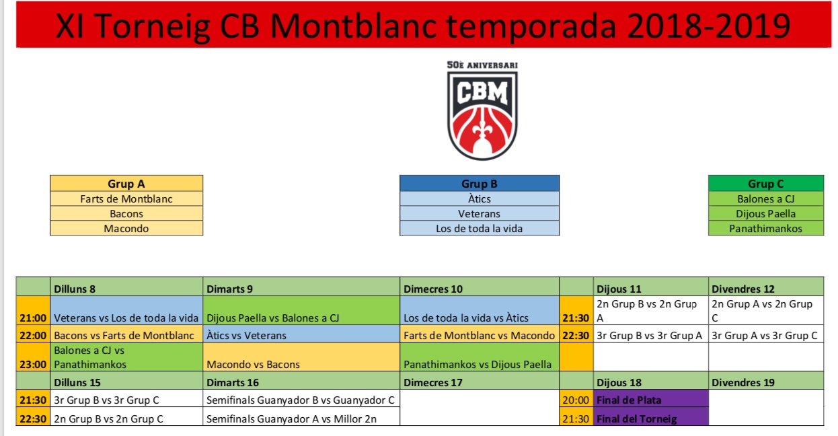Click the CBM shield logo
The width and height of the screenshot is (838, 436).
tap(482, 115)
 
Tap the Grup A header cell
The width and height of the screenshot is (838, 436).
tap(126, 184)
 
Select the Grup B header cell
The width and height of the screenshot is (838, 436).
tap(480, 184)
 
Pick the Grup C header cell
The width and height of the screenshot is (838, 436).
tap(766, 184)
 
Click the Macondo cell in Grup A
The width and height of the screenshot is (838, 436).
tap(126, 228)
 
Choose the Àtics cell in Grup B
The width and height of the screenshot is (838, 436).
tap(480, 198)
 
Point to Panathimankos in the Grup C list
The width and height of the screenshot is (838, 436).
tap(766, 228)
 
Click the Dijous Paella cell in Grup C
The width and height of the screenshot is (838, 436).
tap(766, 214)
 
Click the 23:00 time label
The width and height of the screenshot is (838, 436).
tap(33, 364)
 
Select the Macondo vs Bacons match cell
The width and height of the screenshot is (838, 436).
tap(301, 357)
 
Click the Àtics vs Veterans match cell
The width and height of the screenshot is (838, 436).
tap(301, 334)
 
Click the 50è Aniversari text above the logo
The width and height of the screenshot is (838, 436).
tap(482, 65)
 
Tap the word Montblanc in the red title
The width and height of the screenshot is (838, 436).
tap(352, 26)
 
